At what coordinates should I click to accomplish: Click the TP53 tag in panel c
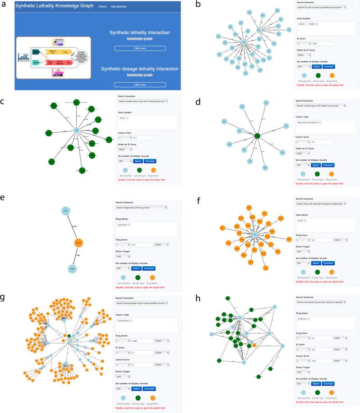tap(123, 118)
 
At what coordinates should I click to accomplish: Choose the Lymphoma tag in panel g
tap(124, 320)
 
